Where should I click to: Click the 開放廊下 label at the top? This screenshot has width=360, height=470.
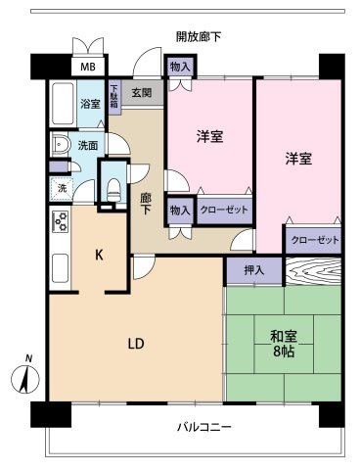point(199,37)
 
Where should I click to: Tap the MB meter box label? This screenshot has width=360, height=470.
point(88,68)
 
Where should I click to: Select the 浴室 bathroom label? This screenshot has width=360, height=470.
point(90,103)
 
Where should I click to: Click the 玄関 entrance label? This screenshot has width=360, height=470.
point(141,93)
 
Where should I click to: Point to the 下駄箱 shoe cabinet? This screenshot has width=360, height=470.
point(114,98)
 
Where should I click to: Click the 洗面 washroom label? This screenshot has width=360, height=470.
point(88,146)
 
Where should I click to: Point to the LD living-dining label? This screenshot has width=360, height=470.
point(136,344)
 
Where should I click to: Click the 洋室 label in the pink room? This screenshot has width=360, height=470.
point(209,138)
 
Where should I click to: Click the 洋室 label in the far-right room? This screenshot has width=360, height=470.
point(298,159)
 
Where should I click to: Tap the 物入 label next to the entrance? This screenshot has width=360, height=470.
point(179,67)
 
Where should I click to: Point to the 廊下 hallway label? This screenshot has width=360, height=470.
point(146,204)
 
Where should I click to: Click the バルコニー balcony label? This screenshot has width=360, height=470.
point(203,427)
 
